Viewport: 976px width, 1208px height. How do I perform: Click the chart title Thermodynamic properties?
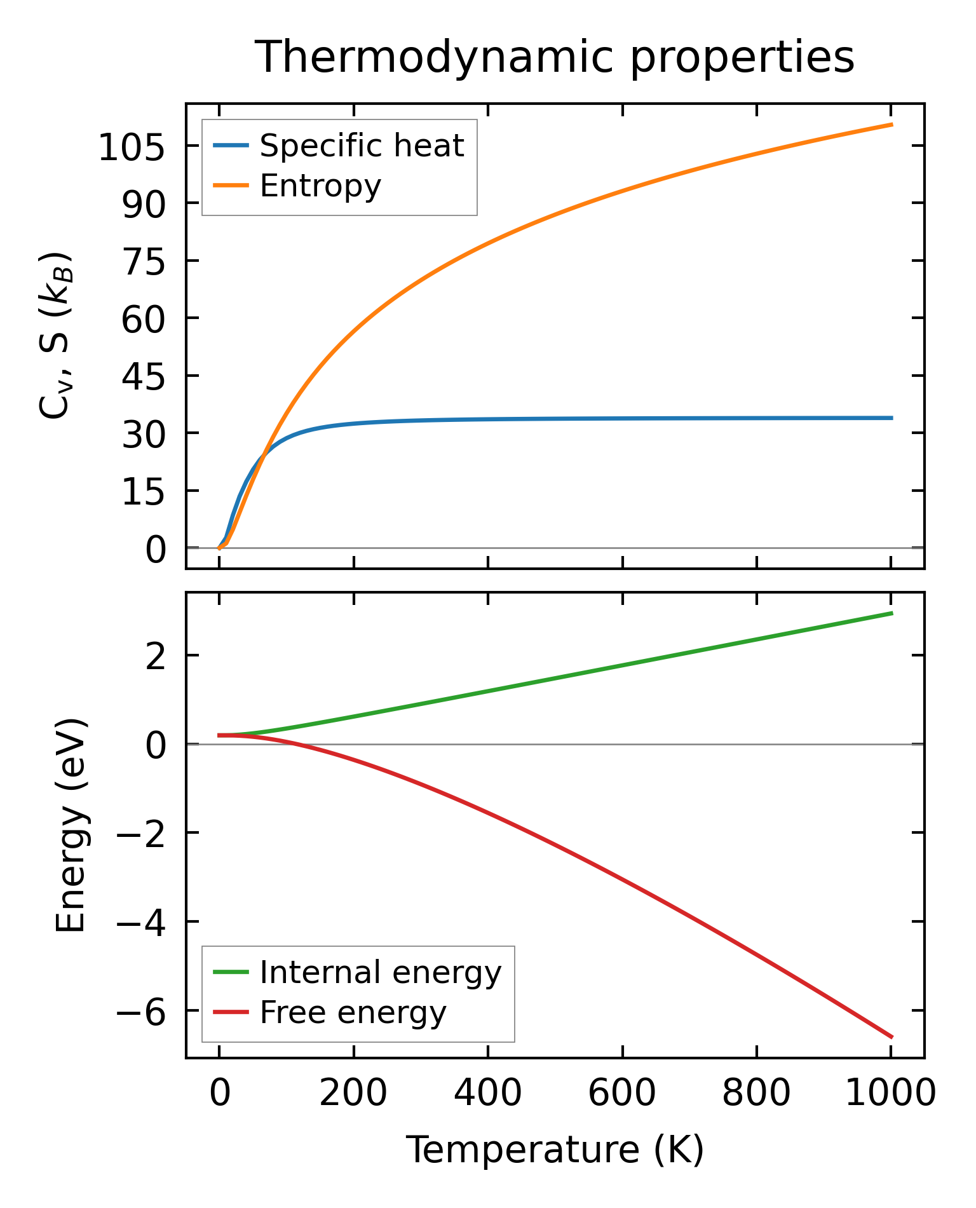[x=554, y=57]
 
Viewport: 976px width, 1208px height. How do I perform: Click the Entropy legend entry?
[x=320, y=186]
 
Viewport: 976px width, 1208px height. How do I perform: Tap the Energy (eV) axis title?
[x=71, y=826]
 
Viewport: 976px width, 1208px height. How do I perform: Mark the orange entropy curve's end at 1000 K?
[x=891, y=125]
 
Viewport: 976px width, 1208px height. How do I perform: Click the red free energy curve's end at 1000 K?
[x=891, y=1037]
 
